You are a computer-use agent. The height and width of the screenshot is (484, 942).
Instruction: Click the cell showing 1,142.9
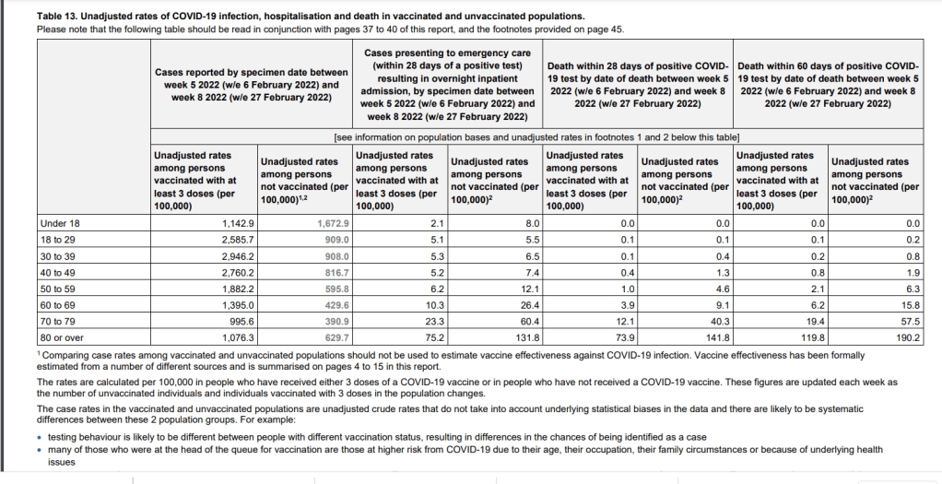pyautogui.click(x=238, y=224)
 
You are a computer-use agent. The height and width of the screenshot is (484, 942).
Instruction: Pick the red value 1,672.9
pyautogui.click(x=333, y=224)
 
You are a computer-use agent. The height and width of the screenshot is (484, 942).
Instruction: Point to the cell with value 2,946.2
pyautogui.click(x=238, y=256)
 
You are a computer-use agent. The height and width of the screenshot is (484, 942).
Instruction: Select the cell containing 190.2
pyautogui.click(x=907, y=338)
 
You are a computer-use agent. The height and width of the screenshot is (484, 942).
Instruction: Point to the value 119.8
pyautogui.click(x=812, y=338)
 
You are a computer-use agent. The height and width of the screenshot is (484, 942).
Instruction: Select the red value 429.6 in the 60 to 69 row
pyautogui.click(x=336, y=305)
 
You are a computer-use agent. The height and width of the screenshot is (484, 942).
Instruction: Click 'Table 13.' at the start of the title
pyautogui.click(x=61, y=17)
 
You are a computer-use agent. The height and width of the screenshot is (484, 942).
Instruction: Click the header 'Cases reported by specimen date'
pyautogui.click(x=252, y=72)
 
